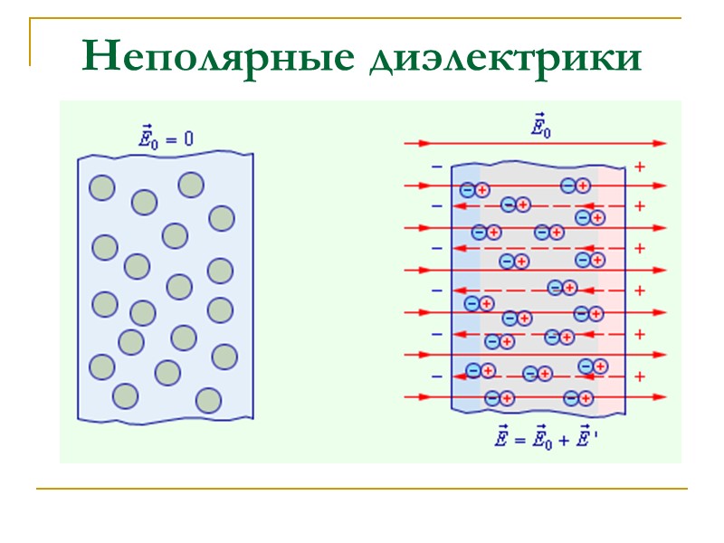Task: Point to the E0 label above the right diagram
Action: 540,126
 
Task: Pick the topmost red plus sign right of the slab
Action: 640,167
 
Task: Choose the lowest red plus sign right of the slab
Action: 640,376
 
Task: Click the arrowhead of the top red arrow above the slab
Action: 660,143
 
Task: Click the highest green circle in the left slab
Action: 191,185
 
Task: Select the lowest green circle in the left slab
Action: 208,400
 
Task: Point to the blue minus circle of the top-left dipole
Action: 467,190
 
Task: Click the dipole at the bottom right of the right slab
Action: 579,398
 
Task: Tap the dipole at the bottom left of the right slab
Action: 500,398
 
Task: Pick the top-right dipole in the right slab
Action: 576,186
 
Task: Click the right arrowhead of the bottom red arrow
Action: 660,396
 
